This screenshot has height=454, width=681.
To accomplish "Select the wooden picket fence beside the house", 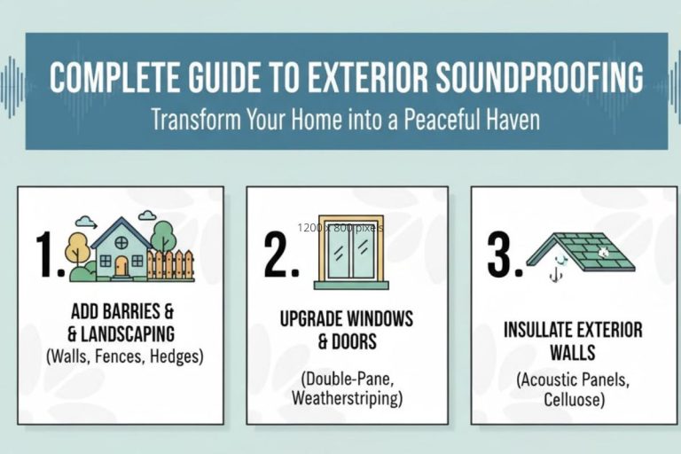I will (169, 264).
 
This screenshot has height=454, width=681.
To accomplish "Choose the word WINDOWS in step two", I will (372, 318).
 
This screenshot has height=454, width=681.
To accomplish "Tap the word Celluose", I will (574, 400).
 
